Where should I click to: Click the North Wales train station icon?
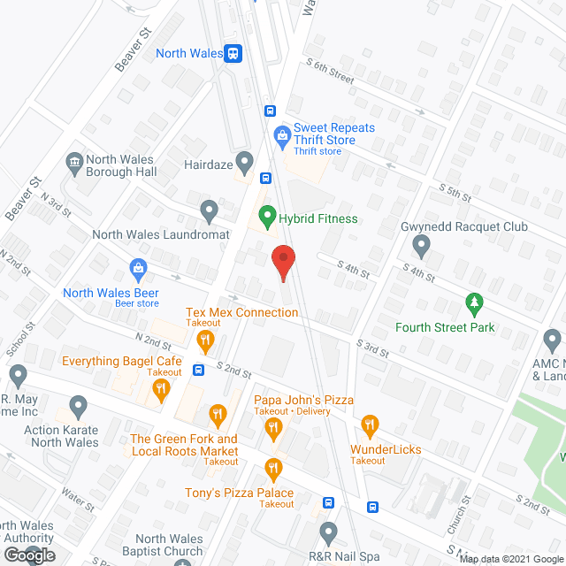[233, 53]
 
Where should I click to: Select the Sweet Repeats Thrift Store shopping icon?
[282, 135]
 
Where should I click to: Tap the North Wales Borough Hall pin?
[74, 162]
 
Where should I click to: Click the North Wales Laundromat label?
[161, 235]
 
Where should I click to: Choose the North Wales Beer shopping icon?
[137, 267]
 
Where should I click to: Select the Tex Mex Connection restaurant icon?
[205, 339]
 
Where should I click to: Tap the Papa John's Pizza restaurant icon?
[273, 429]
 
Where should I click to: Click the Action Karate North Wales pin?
[78, 408]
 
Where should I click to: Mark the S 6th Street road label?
[330, 71]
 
